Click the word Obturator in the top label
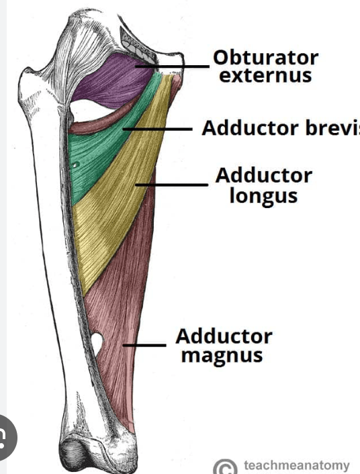(265, 58)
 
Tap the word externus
(265, 75)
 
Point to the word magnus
(222, 356)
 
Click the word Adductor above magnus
(224, 336)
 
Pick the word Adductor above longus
(264, 175)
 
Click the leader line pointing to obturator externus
(172, 66)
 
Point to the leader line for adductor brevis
(157, 129)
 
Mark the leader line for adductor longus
(171, 185)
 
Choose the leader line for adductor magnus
(144, 344)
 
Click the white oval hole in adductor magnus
(97, 343)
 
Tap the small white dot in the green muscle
(75, 165)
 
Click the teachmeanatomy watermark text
(297, 465)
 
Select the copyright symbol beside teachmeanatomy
(226, 467)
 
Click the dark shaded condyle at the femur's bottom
(74, 453)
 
